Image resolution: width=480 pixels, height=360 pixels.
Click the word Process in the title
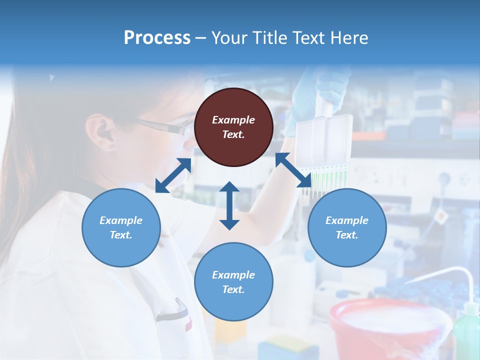coord(157,37)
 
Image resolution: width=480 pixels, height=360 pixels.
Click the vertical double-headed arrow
coord(229,205)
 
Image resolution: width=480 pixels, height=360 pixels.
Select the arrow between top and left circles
coord(173,175)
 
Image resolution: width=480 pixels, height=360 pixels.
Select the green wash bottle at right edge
coord(466,330)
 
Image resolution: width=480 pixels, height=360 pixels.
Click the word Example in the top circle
coord(233,120)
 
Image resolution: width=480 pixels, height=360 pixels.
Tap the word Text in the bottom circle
coord(233,289)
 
